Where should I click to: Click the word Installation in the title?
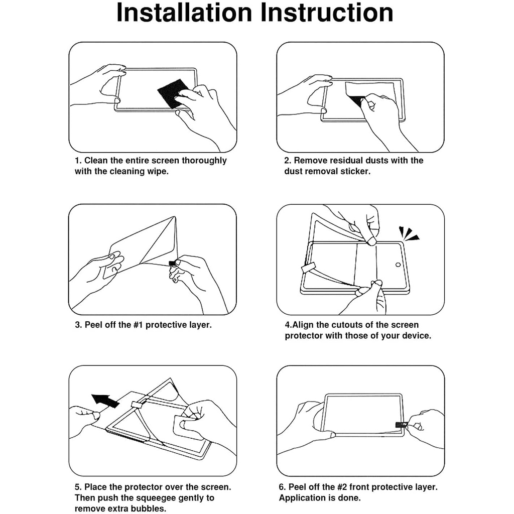(x=185, y=13)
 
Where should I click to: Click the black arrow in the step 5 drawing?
(x=105, y=401)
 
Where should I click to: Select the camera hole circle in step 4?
(x=398, y=265)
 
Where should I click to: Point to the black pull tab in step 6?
(x=401, y=425)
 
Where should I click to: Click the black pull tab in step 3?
(x=172, y=263)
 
